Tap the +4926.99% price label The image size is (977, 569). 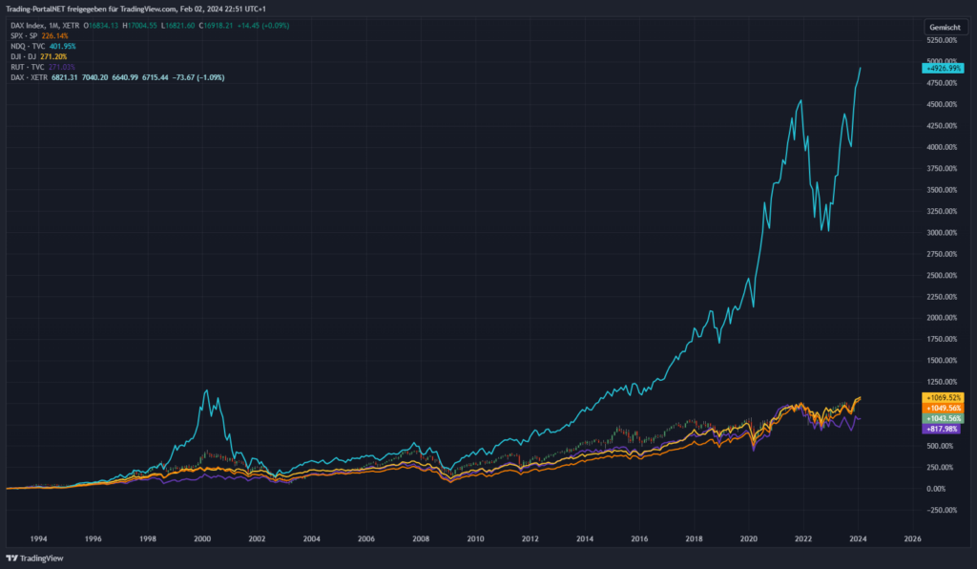click(942, 68)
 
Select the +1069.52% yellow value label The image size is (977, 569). click(943, 397)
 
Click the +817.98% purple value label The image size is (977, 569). click(943, 429)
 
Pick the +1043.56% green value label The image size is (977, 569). click(943, 418)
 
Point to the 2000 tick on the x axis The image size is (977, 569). click(202, 537)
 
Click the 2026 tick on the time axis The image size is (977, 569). click(911, 537)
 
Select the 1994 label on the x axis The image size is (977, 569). click(38, 537)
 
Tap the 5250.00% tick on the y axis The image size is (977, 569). click(943, 40)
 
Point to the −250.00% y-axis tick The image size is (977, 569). click(943, 510)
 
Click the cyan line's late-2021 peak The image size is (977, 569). click(800, 99)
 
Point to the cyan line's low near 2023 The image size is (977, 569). click(827, 230)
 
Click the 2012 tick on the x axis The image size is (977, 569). click(530, 537)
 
